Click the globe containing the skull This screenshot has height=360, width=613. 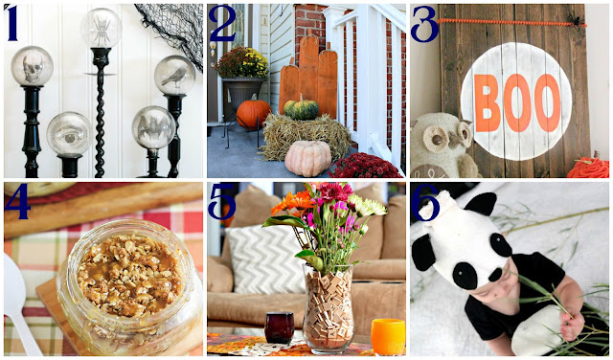click(32, 66)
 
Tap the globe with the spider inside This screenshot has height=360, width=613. click(102, 28)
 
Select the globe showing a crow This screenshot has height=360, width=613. click(174, 75)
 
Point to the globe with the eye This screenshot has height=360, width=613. click(69, 134)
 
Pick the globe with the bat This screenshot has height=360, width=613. click(153, 127)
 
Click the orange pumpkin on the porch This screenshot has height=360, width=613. click(253, 113)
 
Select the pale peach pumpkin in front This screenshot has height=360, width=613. click(308, 158)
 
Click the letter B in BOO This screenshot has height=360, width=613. click(488, 103)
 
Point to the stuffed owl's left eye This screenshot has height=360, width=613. click(435, 139)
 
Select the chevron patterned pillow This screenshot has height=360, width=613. click(266, 259)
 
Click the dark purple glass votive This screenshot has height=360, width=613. click(279, 327)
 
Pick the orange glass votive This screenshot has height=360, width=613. click(388, 337)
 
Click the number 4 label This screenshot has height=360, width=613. click(17, 201)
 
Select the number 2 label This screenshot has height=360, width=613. click(222, 23)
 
